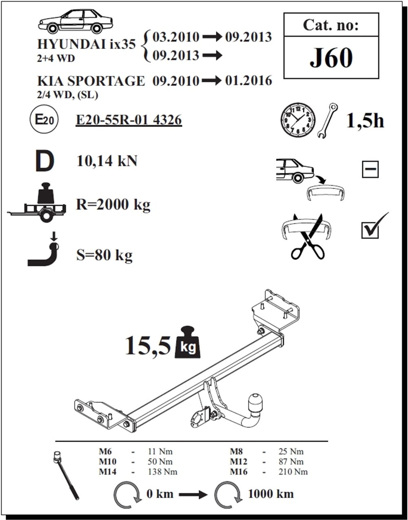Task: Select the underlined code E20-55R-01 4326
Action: click(x=129, y=120)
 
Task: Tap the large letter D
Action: click(x=44, y=161)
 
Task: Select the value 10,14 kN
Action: click(x=107, y=161)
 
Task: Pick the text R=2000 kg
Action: click(x=113, y=204)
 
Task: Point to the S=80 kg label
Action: click(x=104, y=256)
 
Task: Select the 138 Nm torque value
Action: click(x=162, y=472)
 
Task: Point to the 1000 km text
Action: click(x=271, y=494)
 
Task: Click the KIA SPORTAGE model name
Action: click(x=91, y=81)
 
